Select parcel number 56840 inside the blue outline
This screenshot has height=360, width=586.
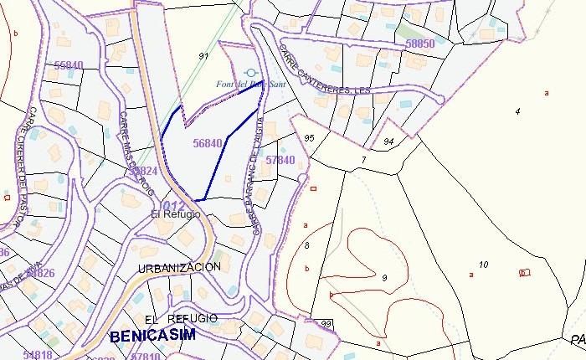coord(207,143)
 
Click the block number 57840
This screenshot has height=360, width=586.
coord(280,160)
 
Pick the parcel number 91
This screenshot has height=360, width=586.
coord(203,56)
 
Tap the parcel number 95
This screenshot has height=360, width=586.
coord(309,137)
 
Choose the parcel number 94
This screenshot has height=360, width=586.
coord(388,141)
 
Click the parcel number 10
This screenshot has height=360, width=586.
coord(484,265)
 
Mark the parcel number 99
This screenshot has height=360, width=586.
coord(326,324)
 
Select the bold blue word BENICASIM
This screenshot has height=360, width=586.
coord(152,336)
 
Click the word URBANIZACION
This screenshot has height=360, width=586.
coord(179,267)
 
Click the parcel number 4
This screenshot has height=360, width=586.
coord(517,111)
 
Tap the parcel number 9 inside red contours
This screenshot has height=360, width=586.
coord(383,277)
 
